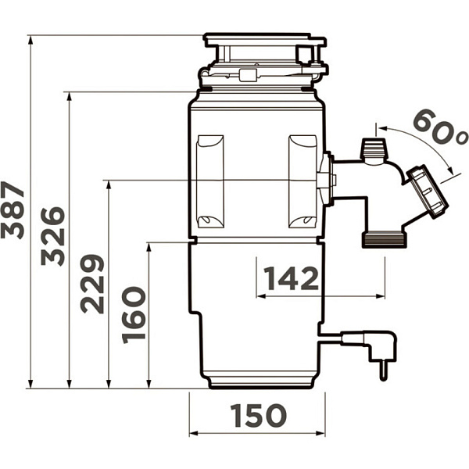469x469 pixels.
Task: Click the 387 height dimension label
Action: tap(13, 210)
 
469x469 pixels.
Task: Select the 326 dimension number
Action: tap(53, 236)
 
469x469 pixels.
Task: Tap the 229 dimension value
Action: tap(92, 285)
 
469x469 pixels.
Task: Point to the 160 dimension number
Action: tap(134, 315)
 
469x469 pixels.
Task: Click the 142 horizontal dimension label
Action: tap(292, 278)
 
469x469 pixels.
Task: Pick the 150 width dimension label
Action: tap(259, 415)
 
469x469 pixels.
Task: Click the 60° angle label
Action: tap(439, 127)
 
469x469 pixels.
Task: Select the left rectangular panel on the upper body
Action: tap(210, 181)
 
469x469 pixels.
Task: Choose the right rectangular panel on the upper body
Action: tap(303, 181)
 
